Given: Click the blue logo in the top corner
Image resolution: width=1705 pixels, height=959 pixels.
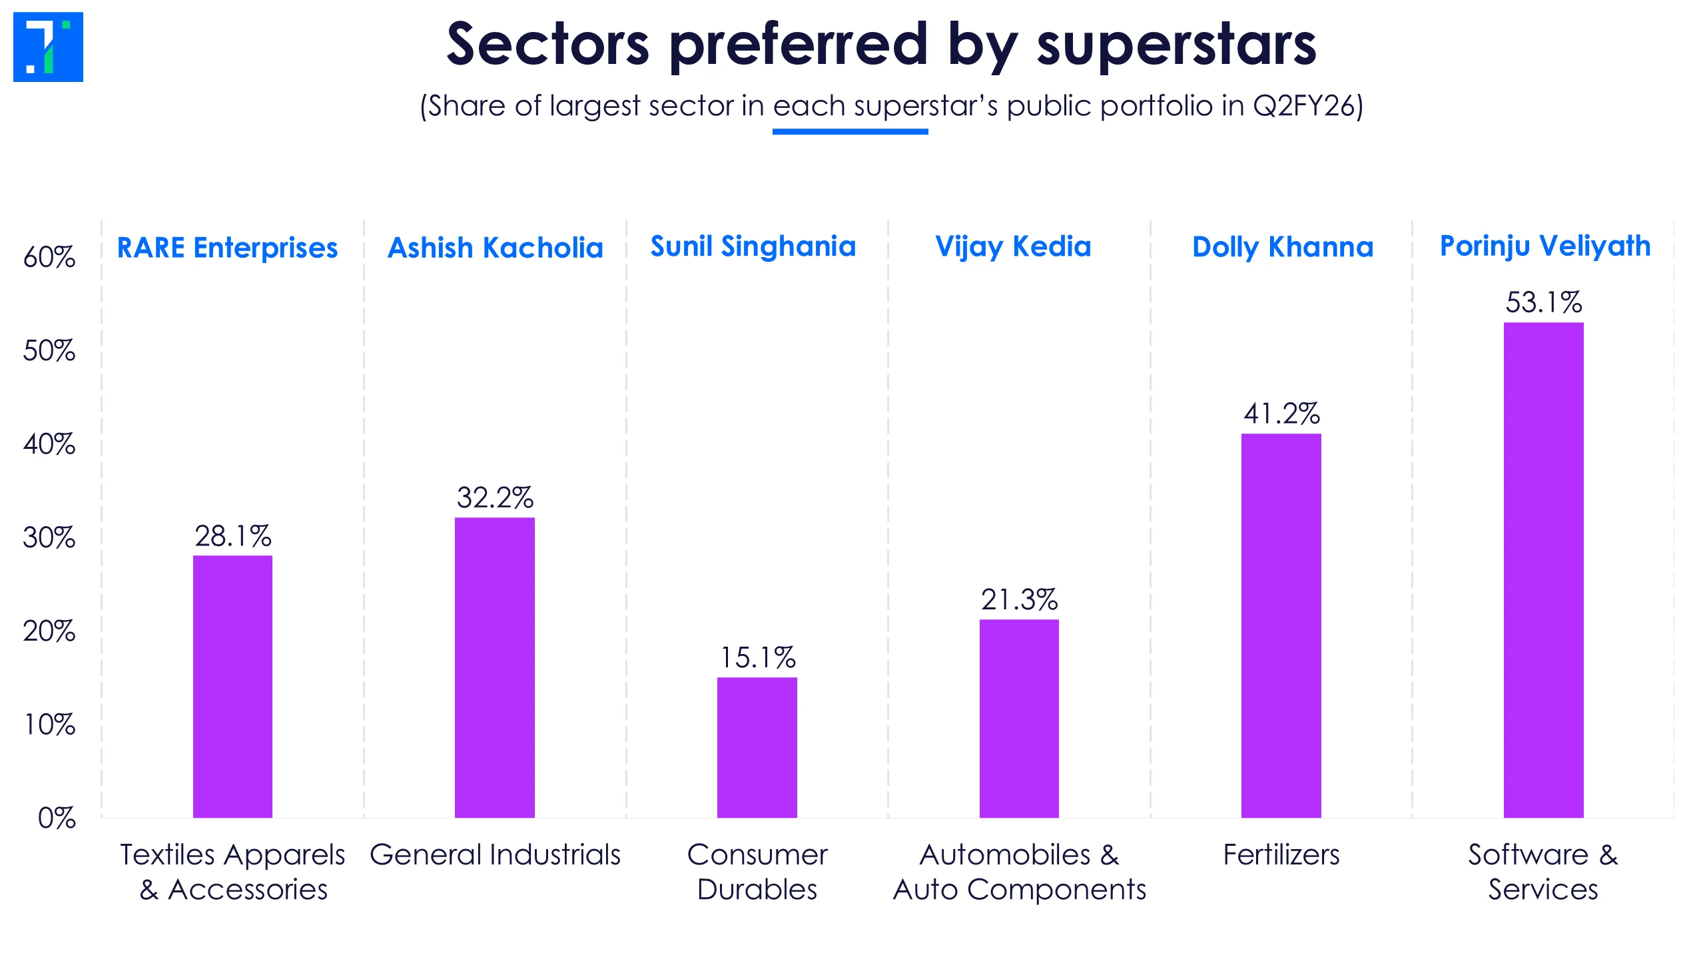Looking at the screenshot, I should [48, 47].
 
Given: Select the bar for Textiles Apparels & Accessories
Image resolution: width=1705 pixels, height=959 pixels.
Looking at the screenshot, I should [232, 686].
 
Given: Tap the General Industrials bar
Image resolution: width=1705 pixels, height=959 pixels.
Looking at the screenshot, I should [494, 667].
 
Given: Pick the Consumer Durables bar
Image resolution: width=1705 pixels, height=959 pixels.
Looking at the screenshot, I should [757, 747].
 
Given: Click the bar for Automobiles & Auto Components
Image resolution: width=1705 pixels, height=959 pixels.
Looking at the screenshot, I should [1019, 718].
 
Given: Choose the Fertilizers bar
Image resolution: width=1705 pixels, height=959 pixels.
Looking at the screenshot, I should [1281, 625].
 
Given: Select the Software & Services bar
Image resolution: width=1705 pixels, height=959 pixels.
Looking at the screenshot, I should [1543, 570].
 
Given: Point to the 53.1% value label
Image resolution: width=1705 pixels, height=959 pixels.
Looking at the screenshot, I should [1543, 302].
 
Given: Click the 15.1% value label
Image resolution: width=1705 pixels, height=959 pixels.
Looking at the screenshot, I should [757, 658].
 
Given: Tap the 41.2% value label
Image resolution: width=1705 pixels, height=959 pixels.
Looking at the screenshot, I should [1281, 414].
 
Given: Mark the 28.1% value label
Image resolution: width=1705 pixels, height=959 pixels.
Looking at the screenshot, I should [232, 536].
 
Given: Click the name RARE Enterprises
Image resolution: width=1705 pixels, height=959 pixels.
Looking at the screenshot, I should [227, 248].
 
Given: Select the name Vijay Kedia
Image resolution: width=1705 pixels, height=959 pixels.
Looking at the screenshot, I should [1013, 247].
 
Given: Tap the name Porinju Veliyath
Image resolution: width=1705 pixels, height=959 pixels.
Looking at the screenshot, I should [1545, 246].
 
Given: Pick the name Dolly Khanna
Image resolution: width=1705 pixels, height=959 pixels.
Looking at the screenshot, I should [1283, 247].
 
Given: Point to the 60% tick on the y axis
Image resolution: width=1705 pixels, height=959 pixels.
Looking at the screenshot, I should [49, 257].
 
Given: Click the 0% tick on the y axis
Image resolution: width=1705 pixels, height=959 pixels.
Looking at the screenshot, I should [56, 818].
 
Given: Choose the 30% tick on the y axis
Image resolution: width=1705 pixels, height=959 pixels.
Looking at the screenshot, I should [49, 537].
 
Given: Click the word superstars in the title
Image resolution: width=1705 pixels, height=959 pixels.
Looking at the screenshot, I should [1176, 45].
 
